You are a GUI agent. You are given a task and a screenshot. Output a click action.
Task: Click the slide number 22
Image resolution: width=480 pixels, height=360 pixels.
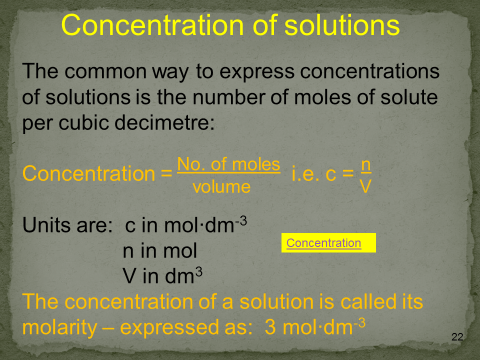[x=457, y=336]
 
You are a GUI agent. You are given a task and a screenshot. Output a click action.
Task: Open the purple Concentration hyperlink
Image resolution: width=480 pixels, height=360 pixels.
[x=323, y=243]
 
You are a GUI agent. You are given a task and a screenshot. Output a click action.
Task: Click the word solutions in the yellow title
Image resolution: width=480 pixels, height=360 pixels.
[x=342, y=25]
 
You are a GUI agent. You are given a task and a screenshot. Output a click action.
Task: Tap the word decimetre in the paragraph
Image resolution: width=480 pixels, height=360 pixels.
[x=164, y=123]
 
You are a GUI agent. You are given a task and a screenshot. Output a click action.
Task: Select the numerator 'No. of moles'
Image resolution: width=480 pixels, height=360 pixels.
[x=228, y=164]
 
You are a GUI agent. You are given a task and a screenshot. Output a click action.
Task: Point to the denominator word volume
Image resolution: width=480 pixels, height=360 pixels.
[x=221, y=186]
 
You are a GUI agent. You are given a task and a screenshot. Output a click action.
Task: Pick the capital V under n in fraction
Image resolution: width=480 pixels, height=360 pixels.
[x=365, y=186]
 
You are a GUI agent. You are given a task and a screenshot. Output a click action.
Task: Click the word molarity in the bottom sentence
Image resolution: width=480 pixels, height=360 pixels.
[x=59, y=328]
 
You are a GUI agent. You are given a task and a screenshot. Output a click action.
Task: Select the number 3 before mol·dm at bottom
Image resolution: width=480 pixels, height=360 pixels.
[x=270, y=327]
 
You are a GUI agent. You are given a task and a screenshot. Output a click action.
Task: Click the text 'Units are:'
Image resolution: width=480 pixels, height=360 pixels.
[x=67, y=225]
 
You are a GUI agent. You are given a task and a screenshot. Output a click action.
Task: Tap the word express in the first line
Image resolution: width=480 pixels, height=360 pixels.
[x=257, y=71]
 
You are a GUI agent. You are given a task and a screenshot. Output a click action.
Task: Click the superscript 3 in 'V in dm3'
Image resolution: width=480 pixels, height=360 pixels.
[x=199, y=271]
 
